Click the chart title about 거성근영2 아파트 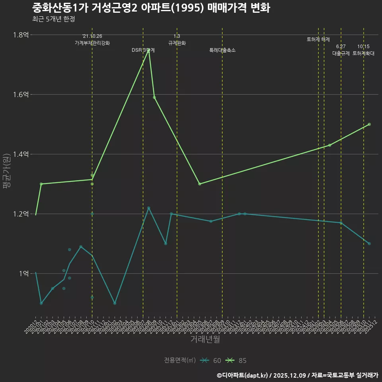tap(151, 8)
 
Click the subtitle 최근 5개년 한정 tap(53, 19)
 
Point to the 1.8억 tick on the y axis tap(21, 35)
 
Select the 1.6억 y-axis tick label tap(21, 95)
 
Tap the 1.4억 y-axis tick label tap(21, 154)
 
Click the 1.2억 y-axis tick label tap(21, 214)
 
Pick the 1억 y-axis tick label tap(23, 274)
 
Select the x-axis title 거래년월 tap(205, 339)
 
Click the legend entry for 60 tap(211, 361)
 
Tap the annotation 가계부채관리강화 tap(92, 43)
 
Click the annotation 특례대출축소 tap(222, 50)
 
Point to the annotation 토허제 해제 tap(318, 39)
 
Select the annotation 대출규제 tap(341, 53)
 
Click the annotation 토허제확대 tap(364, 53)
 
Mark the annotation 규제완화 tap(177, 43)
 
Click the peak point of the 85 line tap(149, 50)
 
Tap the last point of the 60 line tap(369, 244)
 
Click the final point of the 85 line tap(369, 124)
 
